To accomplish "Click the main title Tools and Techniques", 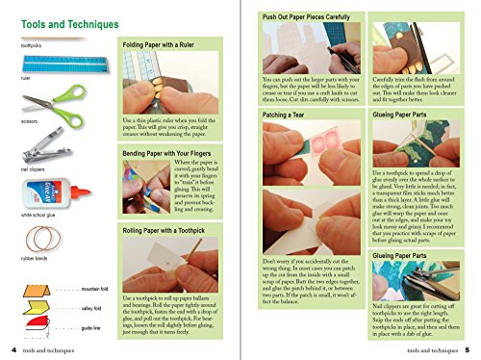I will [60, 23].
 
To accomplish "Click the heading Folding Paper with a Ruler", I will [168, 45].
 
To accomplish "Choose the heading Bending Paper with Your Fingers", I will [179, 153].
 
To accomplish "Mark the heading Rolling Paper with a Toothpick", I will [178, 231].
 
